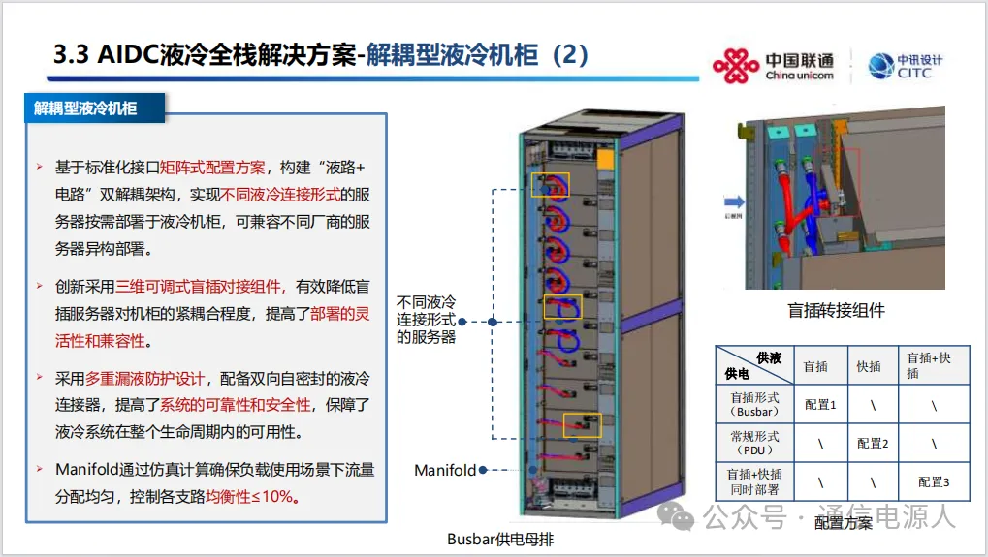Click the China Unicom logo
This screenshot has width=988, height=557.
(x=773, y=65)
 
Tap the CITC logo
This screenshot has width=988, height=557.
(x=906, y=66)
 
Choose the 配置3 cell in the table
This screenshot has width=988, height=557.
(x=933, y=480)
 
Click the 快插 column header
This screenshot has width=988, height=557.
(x=869, y=366)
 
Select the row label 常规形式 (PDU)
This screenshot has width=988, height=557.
(x=754, y=443)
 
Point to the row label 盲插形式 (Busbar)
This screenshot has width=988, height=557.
(x=754, y=404)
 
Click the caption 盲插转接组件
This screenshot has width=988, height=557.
(x=836, y=311)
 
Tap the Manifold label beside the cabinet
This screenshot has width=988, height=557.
(x=445, y=471)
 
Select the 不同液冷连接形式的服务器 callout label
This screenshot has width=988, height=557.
(x=426, y=320)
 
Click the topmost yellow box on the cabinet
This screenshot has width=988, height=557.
(x=549, y=184)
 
